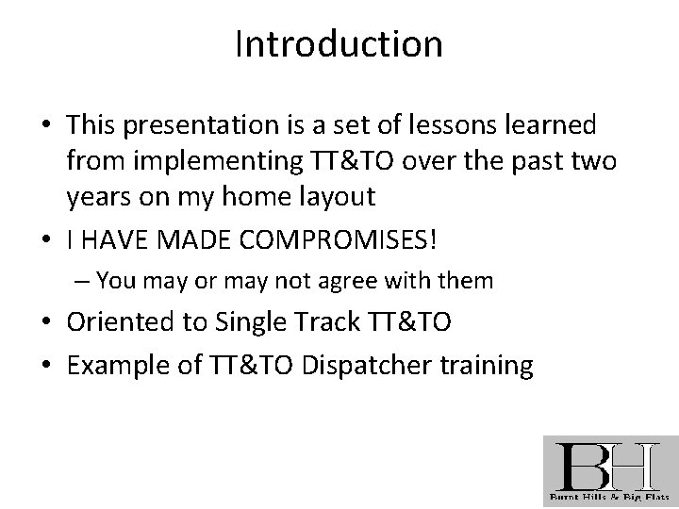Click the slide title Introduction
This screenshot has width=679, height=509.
[339, 44]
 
